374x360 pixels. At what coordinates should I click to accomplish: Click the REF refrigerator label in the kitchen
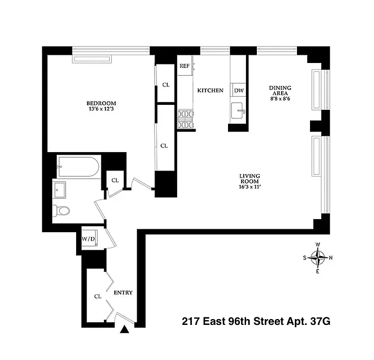[x=184, y=66]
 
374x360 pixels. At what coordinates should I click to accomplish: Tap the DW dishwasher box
[x=239, y=90]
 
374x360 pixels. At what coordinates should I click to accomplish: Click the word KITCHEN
[x=210, y=90]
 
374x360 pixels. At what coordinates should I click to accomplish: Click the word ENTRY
[x=123, y=292]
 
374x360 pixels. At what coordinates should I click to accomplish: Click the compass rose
[x=318, y=258]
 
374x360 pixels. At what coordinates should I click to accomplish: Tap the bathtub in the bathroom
[x=78, y=166]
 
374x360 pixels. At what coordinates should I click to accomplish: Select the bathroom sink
[x=59, y=189]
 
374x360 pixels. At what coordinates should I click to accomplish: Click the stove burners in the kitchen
[x=185, y=119]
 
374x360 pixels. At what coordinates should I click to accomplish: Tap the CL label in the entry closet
[x=97, y=297]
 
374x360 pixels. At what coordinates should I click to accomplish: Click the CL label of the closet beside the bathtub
[x=115, y=180]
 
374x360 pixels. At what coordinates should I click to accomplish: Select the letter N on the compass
[x=331, y=258]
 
